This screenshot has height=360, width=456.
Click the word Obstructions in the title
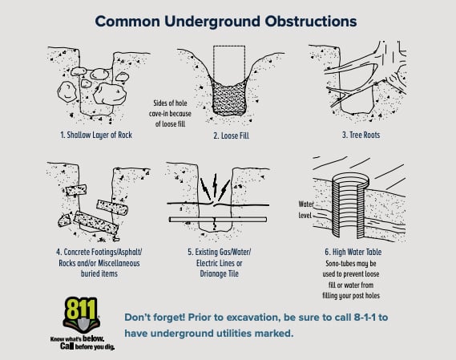pyautogui.click(x=311, y=21)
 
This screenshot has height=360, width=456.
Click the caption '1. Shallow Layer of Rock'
pyautogui.click(x=96, y=135)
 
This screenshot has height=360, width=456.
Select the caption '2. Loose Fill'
pyautogui.click(x=231, y=136)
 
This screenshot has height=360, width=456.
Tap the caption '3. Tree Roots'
pyautogui.click(x=361, y=135)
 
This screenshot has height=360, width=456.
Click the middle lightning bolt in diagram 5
pyautogui.click(x=215, y=185)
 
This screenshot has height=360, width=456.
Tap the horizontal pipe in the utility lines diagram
pyautogui.click(x=218, y=220)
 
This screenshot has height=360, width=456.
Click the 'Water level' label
pyautogui.click(x=306, y=209)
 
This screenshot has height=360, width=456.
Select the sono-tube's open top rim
pyautogui.click(x=351, y=179)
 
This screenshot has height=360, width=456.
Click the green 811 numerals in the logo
pyautogui.click(x=79, y=309)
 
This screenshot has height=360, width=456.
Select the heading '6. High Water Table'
pyautogui.click(x=353, y=252)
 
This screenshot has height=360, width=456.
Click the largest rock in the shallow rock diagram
pyautogui.click(x=110, y=94)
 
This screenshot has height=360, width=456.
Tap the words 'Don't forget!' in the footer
pyautogui.click(x=155, y=318)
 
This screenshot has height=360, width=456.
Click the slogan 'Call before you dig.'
pyautogui.click(x=87, y=346)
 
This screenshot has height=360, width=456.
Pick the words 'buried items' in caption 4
pyautogui.click(x=99, y=274)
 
